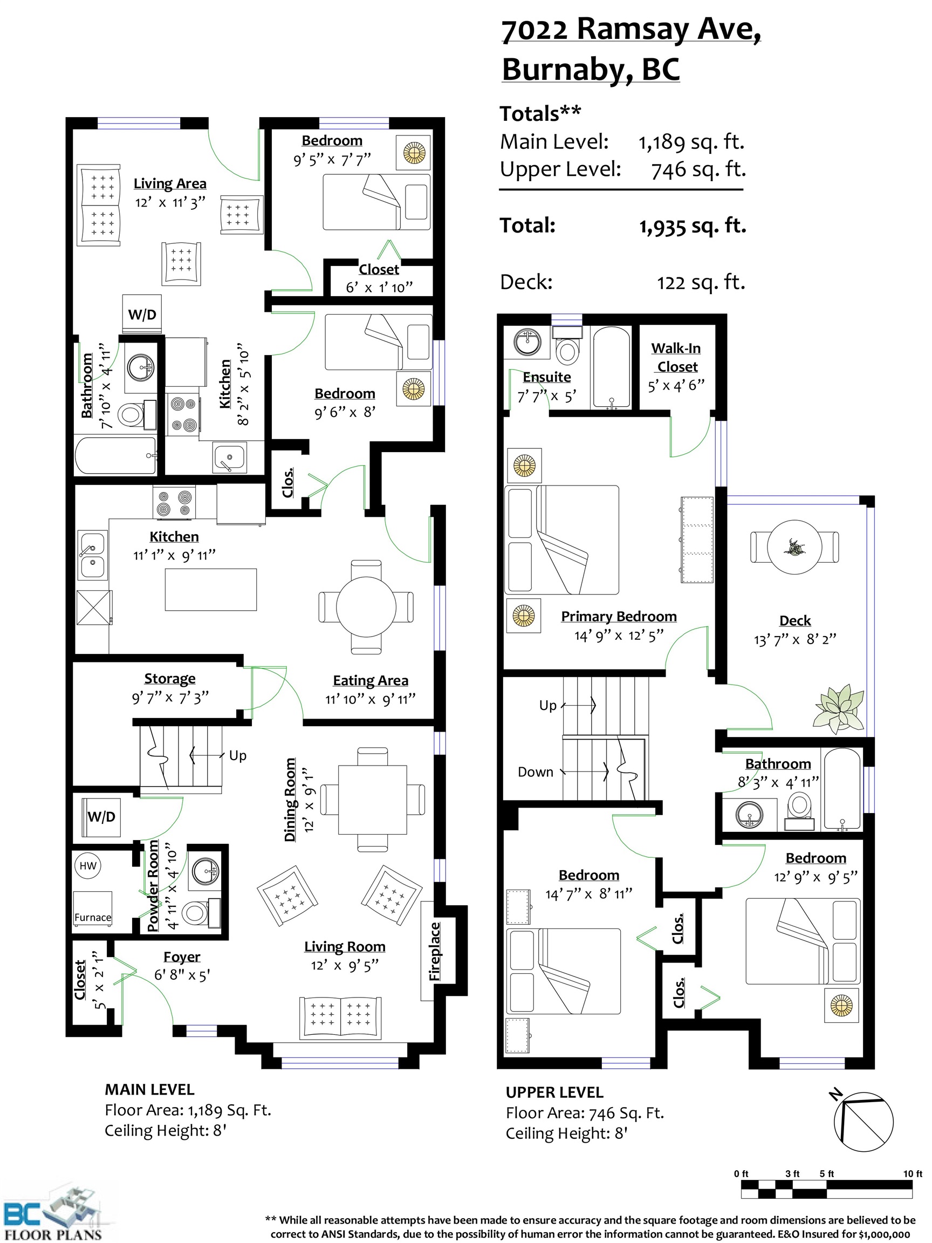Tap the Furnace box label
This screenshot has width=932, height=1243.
click(93, 918)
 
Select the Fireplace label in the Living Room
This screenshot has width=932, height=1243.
click(434, 951)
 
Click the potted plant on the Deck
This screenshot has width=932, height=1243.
click(839, 708)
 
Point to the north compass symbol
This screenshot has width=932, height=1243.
click(862, 1122)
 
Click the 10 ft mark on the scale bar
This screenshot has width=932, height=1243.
click(913, 1173)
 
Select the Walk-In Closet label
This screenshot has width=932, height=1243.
click(676, 357)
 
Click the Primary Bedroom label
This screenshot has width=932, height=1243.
click(619, 617)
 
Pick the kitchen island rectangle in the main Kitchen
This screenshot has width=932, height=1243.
click(211, 590)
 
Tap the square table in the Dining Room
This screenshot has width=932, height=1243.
click(373, 800)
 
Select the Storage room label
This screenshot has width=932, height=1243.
click(170, 679)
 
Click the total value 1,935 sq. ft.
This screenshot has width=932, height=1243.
click(692, 227)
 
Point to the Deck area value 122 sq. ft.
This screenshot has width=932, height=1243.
click(701, 282)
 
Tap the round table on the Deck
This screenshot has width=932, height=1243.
click(794, 547)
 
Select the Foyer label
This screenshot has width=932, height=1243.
click(181, 957)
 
